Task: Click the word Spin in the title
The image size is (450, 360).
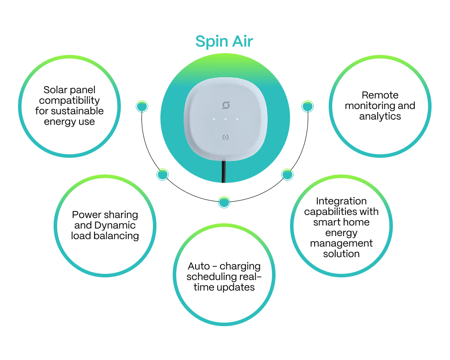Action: (212, 42)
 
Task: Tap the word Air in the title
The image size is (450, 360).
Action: (243, 41)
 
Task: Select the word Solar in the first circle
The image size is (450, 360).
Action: (55, 90)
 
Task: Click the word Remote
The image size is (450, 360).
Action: (380, 95)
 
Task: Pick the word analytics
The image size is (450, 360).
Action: (380, 116)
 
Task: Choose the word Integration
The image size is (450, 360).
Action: (341, 201)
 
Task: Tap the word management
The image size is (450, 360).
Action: (341, 244)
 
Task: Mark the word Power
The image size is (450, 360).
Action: (87, 215)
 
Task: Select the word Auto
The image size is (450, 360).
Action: (199, 266)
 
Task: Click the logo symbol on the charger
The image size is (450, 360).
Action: (226, 105)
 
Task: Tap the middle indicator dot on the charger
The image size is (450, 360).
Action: (225, 119)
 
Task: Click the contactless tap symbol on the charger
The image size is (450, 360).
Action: (225, 138)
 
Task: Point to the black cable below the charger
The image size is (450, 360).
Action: (224, 172)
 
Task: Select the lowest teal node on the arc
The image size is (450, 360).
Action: (224, 202)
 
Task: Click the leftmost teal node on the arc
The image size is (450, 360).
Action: (142, 106)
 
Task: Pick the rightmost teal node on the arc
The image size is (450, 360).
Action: (308, 106)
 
